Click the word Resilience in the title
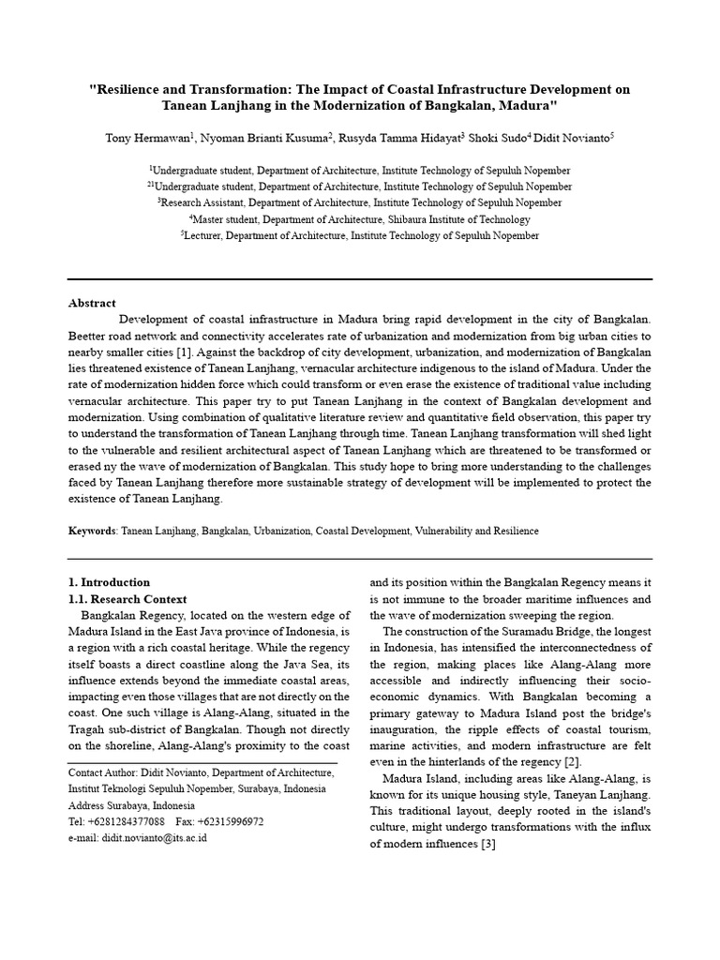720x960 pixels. coord(127,89)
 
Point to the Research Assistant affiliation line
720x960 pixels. coord(359,202)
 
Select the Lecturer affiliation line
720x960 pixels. coord(359,236)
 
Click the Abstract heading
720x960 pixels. coord(92,303)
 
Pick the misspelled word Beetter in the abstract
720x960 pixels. coord(89,336)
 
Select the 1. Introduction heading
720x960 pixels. coord(109,582)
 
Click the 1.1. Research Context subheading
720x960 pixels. coord(127,599)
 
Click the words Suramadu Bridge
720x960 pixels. coord(533,631)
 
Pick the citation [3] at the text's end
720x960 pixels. coord(487,845)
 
